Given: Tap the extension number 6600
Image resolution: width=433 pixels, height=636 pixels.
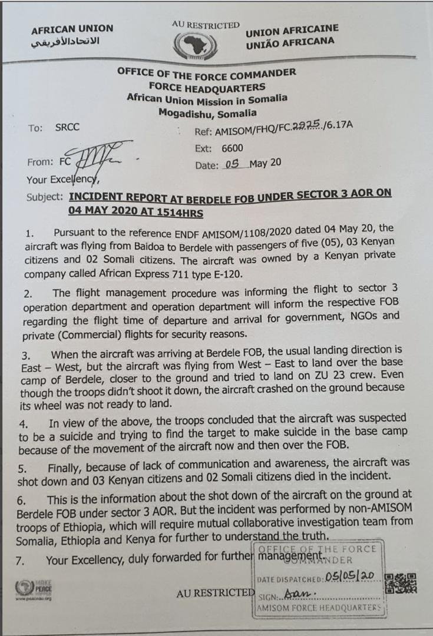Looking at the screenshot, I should click(232, 148).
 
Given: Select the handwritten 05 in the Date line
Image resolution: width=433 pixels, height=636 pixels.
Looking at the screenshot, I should click(235, 164).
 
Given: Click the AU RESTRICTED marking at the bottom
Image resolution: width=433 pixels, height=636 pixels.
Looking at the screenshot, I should click(215, 593).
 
